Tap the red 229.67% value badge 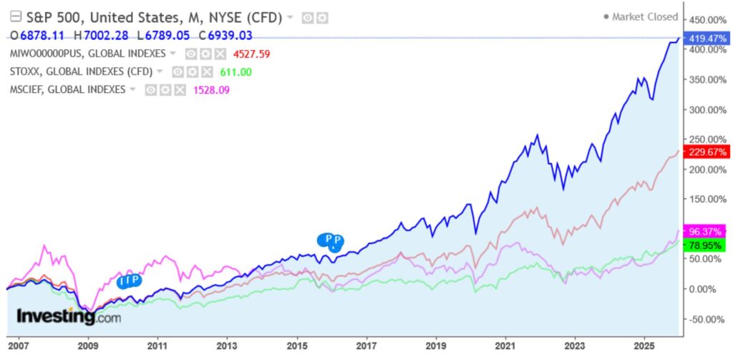[707, 152]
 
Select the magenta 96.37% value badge [707, 231]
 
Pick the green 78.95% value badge [707, 245]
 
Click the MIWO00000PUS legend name [87, 54]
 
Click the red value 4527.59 [251, 54]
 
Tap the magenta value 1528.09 [211, 89]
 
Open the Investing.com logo [68, 316]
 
